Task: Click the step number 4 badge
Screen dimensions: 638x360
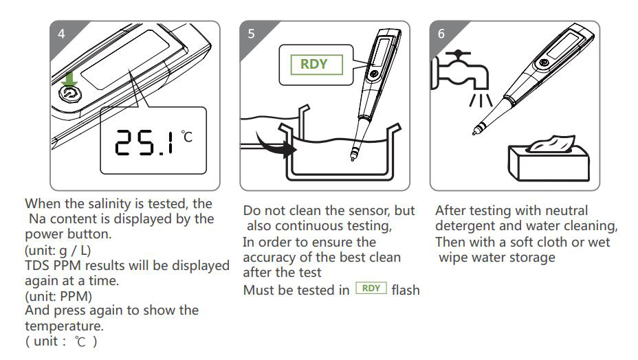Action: coord(61,34)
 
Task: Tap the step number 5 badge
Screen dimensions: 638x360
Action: coord(251,34)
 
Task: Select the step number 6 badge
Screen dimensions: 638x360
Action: coord(441,34)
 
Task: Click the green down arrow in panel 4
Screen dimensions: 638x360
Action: coord(69,80)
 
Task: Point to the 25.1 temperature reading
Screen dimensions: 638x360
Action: coord(144,142)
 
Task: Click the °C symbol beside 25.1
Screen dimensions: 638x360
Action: coord(187,136)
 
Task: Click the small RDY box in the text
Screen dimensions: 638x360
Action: coord(371,289)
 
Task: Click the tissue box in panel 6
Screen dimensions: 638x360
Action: coord(549,158)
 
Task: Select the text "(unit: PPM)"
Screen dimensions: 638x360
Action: coord(58,296)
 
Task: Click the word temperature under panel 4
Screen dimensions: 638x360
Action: coord(65,326)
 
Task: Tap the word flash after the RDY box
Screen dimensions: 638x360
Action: coord(406,290)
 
